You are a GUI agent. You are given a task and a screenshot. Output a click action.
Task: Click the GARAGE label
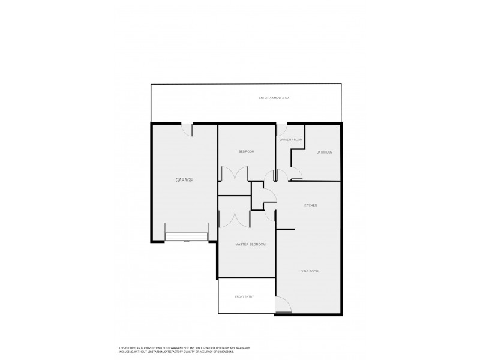tap(184, 180)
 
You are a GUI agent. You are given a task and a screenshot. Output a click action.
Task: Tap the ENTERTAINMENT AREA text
tap(274, 97)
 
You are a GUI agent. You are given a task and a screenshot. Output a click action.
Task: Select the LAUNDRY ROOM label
tap(291, 140)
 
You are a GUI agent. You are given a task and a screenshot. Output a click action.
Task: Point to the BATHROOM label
tap(325, 152)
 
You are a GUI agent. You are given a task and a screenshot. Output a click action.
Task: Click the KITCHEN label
tap(310, 206)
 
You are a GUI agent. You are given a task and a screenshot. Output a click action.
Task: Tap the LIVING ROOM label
tap(308, 271)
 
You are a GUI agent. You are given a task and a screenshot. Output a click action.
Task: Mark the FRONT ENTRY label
tap(245, 297)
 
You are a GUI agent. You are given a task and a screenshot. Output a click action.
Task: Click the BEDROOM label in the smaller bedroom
tap(247, 152)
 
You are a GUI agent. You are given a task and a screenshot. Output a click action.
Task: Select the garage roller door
tap(187, 237)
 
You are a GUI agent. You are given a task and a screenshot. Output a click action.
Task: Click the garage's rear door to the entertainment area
tap(187, 128)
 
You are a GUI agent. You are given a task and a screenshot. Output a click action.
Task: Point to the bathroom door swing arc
tap(295, 174)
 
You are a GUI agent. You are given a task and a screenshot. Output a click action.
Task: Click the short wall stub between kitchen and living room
tap(286, 230)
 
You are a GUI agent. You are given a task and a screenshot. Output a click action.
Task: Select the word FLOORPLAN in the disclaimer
tap(133, 347)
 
